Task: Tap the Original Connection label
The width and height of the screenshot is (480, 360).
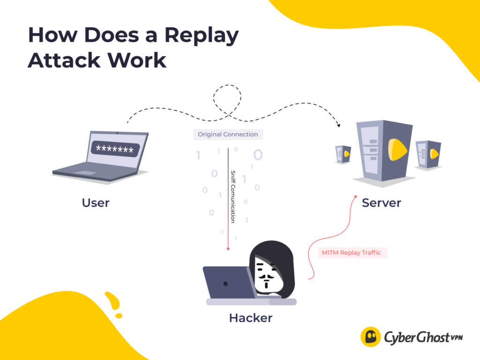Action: tap(228, 135)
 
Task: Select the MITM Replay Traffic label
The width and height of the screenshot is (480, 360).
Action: tap(351, 253)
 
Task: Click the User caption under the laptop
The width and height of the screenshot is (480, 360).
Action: tap(95, 202)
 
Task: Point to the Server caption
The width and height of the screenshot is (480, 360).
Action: tap(381, 202)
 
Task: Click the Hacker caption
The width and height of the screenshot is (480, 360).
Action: tap(250, 318)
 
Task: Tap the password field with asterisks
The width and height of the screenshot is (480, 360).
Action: tap(114, 149)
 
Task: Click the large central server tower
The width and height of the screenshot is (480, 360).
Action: tap(384, 150)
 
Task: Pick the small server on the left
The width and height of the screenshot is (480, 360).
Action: tap(343, 154)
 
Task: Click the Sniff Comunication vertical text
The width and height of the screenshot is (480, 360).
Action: tap(232, 196)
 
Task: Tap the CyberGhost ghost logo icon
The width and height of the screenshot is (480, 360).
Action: tap(370, 337)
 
